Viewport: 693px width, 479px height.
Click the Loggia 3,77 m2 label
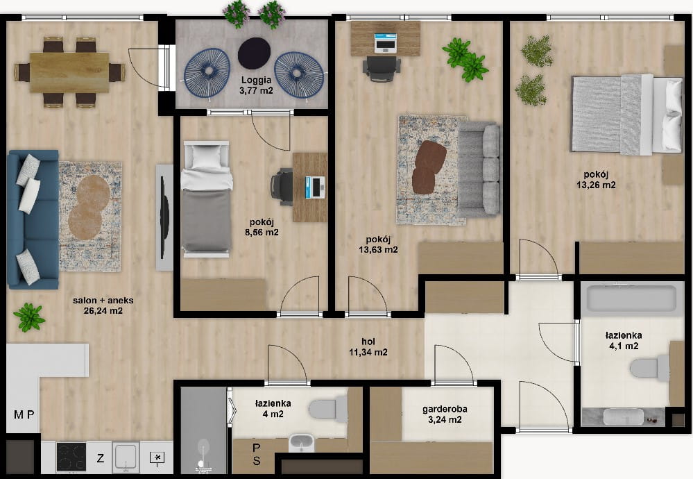point(256,85)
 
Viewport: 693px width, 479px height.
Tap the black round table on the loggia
point(254,53)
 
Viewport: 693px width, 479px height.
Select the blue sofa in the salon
point(33,219)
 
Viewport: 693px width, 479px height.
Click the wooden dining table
point(69,72)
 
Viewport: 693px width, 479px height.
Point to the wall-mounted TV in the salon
point(164,217)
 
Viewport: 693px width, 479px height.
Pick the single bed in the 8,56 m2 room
point(207,199)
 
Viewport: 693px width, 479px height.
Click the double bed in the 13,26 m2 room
point(627,115)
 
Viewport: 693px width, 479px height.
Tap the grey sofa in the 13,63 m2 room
point(479,169)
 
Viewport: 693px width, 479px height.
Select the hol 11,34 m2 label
point(368,347)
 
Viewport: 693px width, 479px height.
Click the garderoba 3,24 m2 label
point(445,414)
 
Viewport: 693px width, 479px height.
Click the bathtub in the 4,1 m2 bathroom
point(629,299)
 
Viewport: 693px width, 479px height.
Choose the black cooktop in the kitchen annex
point(71,457)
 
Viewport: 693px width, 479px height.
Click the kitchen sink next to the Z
point(126,457)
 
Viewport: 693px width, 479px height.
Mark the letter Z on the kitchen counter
point(101,458)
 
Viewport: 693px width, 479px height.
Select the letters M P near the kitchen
point(24,414)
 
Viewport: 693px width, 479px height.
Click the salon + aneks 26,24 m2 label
point(103,305)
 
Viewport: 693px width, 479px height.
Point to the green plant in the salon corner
point(29,317)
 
